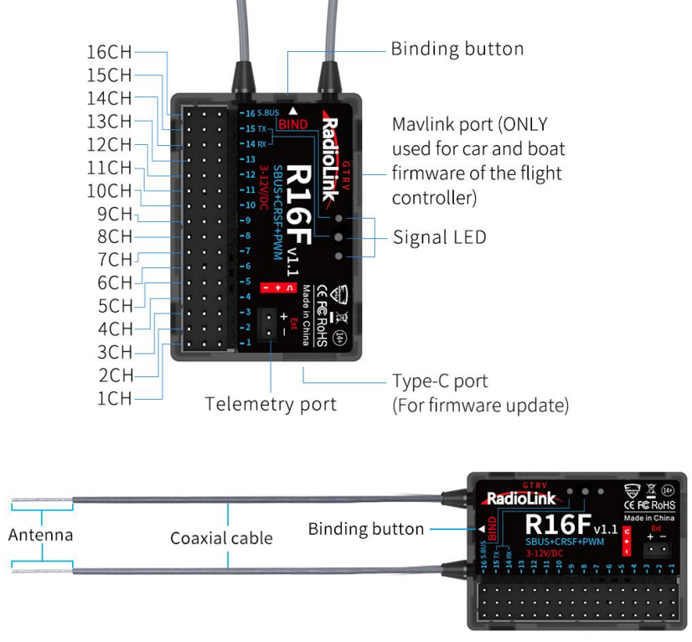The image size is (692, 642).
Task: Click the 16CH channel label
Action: coord(109,52)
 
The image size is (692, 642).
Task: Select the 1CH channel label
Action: coord(115,398)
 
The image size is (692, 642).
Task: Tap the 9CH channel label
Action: coord(114,214)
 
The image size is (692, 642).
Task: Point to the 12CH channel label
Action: coord(109,144)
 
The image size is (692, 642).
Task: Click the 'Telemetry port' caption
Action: coord(271,404)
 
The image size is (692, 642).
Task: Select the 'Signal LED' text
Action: coord(439,237)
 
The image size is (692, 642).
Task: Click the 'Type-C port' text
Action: coord(440,381)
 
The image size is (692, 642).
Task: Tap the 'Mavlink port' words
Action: coord(442,125)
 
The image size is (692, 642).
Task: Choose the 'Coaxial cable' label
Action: coord(221,538)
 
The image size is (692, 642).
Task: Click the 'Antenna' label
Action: coord(39,534)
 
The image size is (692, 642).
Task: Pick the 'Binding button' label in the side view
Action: coord(365,529)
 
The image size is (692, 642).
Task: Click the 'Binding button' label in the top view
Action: coord(457,49)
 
